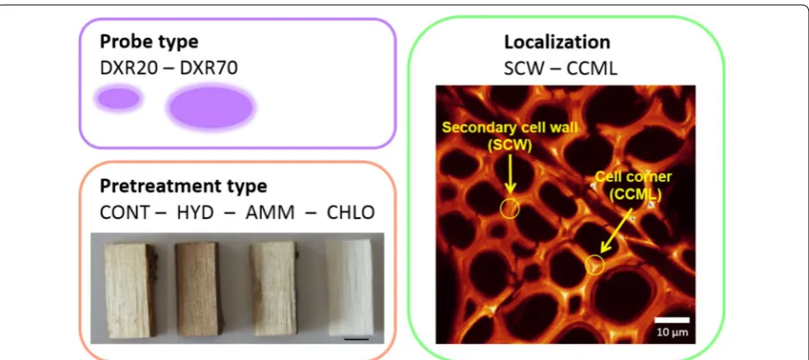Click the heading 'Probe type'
(149, 41)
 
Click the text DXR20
(128, 68)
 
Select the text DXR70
(209, 68)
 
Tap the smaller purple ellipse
(118, 99)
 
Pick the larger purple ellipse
(211, 107)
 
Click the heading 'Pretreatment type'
(183, 186)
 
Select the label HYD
(195, 212)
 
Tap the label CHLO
(351, 212)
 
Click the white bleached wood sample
(350, 288)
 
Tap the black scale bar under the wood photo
(356, 339)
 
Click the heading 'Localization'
(557, 41)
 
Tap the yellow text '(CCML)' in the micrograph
(635, 194)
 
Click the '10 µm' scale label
(672, 332)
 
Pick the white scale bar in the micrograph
(672, 319)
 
